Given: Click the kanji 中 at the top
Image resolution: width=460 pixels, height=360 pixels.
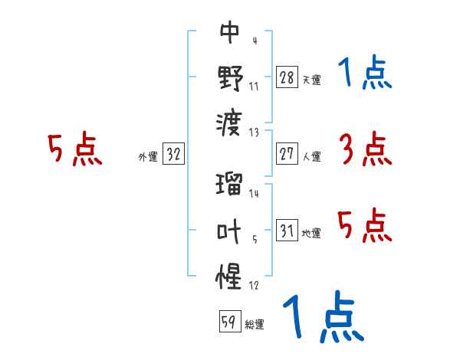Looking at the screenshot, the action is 230,33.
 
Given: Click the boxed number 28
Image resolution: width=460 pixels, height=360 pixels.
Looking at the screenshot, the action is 287,77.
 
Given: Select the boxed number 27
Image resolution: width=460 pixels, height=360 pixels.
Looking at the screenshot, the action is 287,154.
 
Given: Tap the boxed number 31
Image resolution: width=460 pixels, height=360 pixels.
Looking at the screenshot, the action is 287,231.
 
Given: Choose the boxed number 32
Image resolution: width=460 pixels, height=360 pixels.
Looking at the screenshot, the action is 173,154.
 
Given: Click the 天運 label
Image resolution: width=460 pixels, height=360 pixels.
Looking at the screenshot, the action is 311,80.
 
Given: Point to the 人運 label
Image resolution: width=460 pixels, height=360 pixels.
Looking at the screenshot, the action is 311,156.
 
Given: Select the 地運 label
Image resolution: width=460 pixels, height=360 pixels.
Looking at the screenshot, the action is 311,233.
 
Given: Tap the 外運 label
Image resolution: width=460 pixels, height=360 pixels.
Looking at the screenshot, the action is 147,156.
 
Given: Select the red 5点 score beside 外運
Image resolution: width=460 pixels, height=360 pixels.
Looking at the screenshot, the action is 74,149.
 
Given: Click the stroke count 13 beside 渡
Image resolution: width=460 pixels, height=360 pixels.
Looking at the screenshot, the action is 254,132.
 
